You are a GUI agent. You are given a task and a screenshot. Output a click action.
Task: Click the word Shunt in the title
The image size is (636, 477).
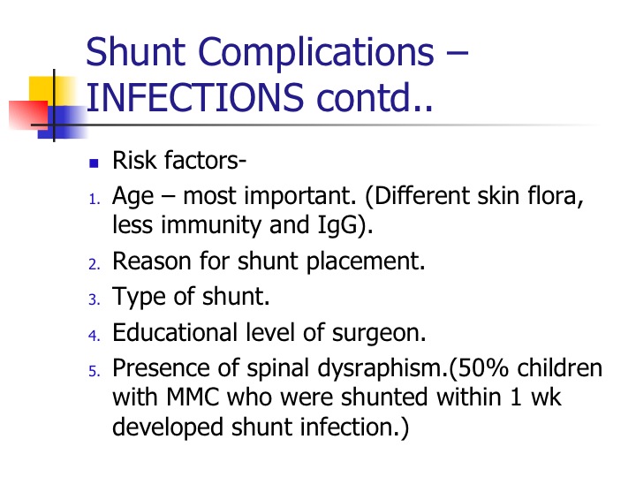pos(135,51)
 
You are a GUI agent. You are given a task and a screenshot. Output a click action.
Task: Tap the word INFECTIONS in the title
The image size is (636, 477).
pos(194,97)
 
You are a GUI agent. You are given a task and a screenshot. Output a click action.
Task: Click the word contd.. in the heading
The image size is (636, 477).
pos(375,96)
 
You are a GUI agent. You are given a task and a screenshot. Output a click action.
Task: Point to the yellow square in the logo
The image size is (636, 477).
pos(51,90)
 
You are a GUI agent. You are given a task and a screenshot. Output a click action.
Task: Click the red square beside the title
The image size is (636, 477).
pos(28,115)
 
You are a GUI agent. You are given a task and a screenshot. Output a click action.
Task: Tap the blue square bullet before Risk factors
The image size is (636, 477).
pos(94,163)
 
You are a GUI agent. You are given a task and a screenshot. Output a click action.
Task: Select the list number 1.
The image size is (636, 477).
pos(95,200)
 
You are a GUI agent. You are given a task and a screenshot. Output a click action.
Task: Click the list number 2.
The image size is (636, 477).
pos(95,264)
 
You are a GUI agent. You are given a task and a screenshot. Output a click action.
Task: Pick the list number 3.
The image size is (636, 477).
pos(95,299)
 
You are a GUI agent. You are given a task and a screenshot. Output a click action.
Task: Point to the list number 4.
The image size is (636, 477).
pos(95,336)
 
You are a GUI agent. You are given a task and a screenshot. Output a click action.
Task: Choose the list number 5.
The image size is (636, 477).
pos(95,371)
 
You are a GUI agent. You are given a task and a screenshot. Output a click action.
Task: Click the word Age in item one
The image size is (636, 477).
pos(132,198)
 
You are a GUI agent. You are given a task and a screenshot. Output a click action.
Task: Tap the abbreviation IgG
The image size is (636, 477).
pos(338,226)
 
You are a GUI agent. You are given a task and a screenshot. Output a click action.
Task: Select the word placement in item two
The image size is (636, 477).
pos(365,262)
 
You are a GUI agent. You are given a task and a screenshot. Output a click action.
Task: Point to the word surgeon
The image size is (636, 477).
pos(379,334)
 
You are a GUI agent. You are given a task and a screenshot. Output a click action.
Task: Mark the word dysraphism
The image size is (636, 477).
pos(382,369)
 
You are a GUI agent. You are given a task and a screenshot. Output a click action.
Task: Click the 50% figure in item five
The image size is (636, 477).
pos(484,368)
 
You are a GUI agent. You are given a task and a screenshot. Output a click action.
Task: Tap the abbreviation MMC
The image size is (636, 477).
pos(193,397)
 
